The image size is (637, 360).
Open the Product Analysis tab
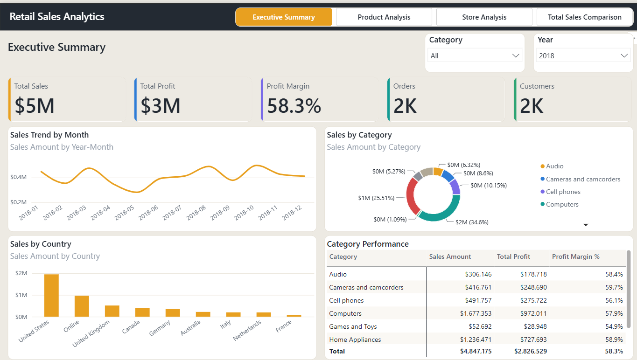point(384,17)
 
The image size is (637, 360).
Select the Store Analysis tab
point(484,17)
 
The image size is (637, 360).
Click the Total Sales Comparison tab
point(584,17)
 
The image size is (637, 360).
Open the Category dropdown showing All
point(475,55)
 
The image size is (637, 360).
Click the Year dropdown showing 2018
point(583,55)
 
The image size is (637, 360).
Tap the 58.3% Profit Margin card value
point(294,106)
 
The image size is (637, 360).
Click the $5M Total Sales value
point(35,106)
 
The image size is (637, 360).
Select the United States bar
point(51,296)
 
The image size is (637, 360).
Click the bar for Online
point(82,306)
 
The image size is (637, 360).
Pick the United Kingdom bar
point(112,311)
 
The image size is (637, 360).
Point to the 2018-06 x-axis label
point(148,213)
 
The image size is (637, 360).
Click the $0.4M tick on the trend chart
point(19,177)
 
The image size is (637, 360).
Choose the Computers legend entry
point(560,204)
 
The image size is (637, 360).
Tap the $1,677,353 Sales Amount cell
point(476,313)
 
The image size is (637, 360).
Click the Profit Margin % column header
point(575,256)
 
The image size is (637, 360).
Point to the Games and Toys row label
point(353,326)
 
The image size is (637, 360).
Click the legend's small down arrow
point(586,225)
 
